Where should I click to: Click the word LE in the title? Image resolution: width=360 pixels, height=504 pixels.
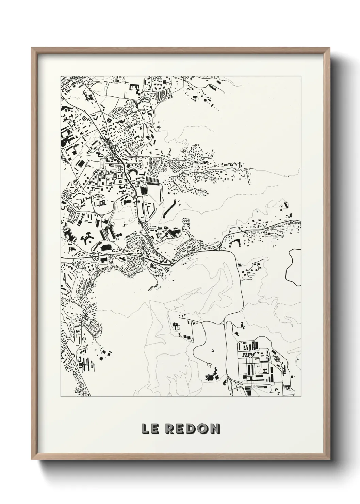pyautogui.click(x=150, y=429)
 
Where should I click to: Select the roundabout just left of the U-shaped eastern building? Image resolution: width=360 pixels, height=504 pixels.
pyautogui.click(x=218, y=249)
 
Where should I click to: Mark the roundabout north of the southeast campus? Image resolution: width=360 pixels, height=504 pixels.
pyautogui.click(x=223, y=323)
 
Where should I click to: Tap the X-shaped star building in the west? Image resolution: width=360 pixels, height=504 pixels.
pyautogui.click(x=85, y=239)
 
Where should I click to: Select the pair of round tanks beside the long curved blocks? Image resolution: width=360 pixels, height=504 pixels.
pyautogui.click(x=119, y=236)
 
